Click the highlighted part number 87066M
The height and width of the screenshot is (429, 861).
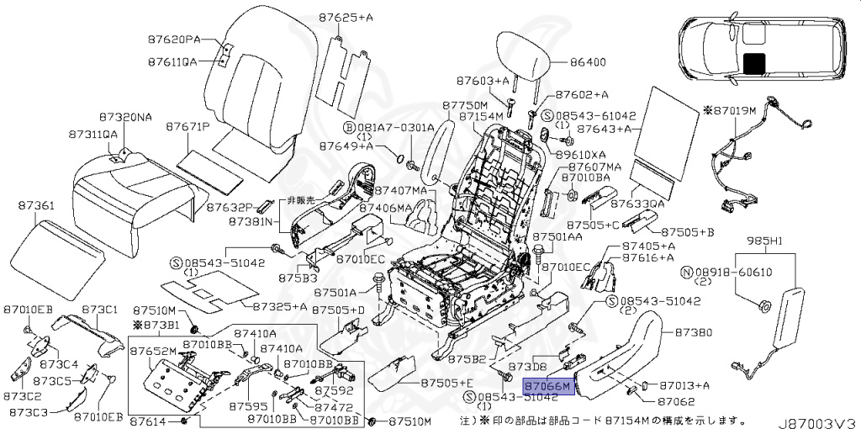tap(547, 385)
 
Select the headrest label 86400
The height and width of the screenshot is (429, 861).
tap(588, 62)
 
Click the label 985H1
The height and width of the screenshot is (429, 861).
tap(765, 241)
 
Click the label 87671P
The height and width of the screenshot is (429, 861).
tap(188, 126)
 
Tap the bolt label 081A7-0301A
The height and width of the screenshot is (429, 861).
tap(394, 127)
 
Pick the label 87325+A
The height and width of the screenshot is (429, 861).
tap(280, 306)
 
